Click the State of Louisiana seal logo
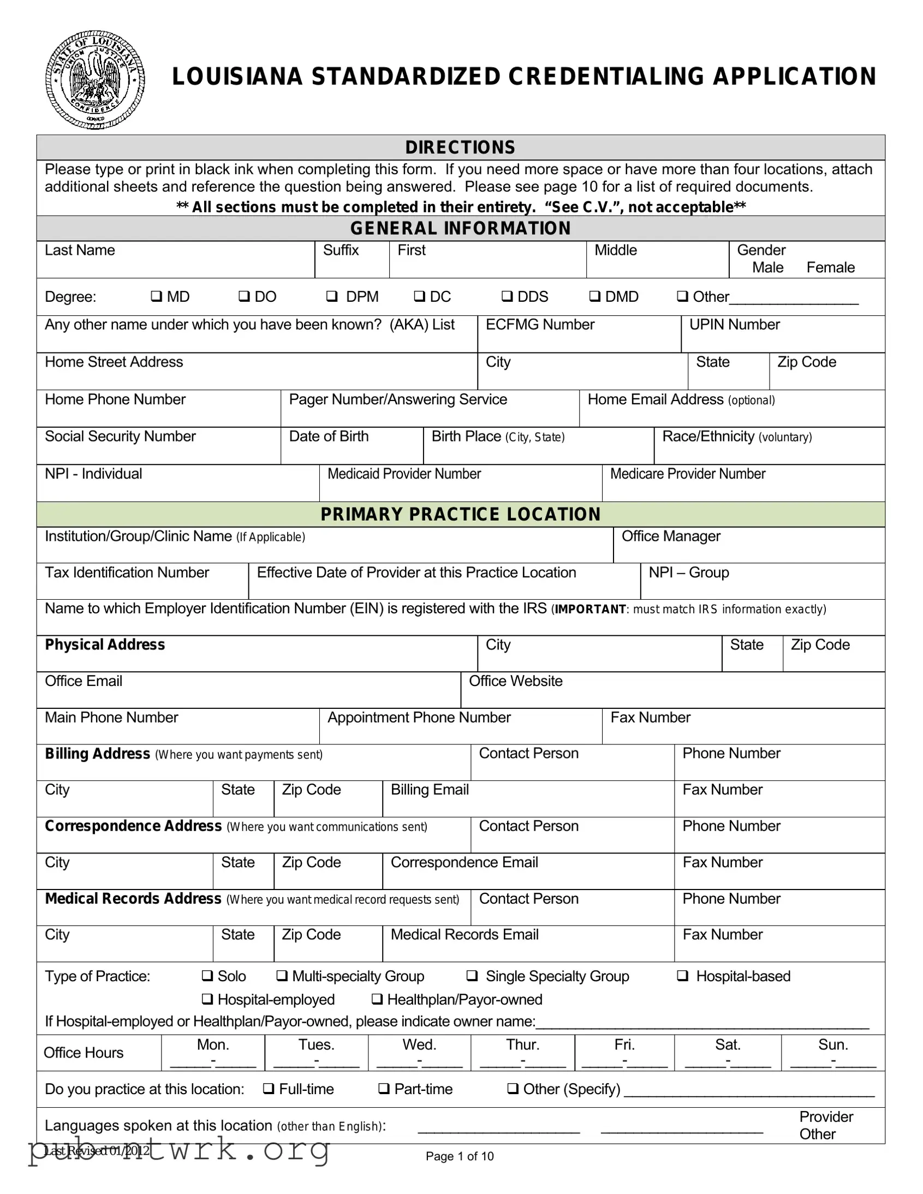(94, 80)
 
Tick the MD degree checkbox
(157, 296)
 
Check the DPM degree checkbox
(331, 296)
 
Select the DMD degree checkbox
(594, 296)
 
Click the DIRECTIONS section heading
(460, 147)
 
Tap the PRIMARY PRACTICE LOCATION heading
(460, 515)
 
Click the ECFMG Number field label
(540, 325)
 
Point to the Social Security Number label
(120, 436)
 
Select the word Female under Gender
(830, 267)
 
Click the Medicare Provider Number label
(687, 474)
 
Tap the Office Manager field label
(671, 536)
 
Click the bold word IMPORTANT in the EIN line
(590, 609)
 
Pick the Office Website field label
(516, 681)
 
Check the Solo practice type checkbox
(207, 976)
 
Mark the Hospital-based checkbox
(682, 976)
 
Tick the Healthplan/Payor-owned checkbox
(377, 999)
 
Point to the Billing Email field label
(430, 790)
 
